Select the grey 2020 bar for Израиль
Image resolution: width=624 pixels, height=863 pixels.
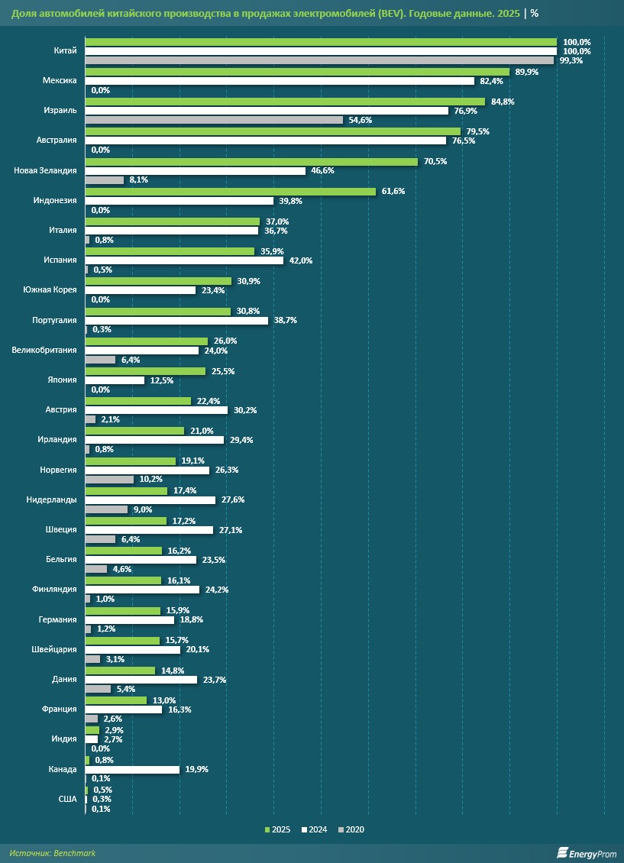(214, 120)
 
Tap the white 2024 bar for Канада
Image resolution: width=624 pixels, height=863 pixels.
(132, 770)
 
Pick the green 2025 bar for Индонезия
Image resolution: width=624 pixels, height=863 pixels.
(230, 191)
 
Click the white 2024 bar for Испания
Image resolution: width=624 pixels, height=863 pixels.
(184, 260)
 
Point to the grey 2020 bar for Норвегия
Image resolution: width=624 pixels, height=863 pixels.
(109, 480)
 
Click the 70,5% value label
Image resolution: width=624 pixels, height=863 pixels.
(435, 161)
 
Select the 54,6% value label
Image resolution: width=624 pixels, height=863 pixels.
(360, 120)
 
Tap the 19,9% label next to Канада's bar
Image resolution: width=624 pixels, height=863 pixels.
(196, 770)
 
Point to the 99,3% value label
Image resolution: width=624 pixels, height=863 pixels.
(571, 60)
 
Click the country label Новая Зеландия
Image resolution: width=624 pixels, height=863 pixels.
(45, 170)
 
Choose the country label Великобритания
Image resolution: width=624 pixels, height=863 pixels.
(44, 350)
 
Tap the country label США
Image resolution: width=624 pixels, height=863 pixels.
(68, 799)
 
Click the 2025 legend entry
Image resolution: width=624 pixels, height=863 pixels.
(277, 829)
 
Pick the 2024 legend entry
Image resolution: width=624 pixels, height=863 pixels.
(315, 829)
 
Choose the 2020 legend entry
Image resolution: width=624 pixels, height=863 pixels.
(351, 829)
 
